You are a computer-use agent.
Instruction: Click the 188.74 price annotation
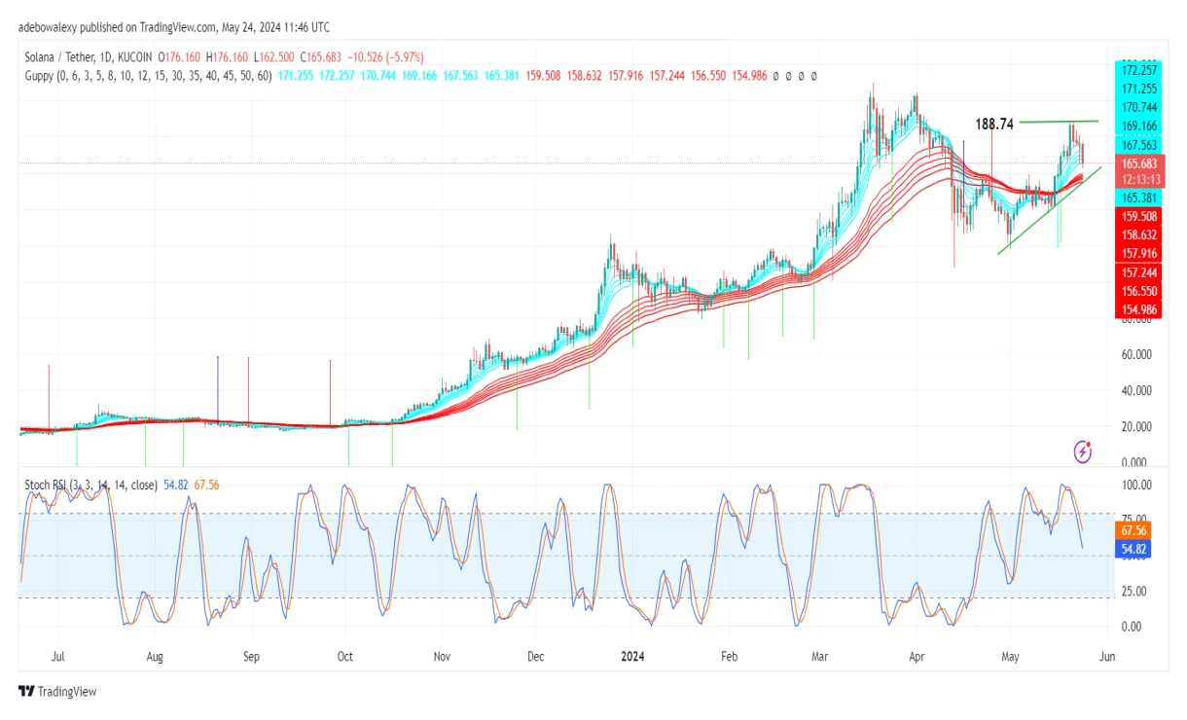click(x=994, y=125)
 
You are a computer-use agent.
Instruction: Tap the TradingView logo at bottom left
click(x=58, y=692)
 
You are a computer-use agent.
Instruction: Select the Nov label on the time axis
click(x=442, y=657)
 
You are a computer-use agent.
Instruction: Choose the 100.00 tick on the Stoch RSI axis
click(x=1137, y=485)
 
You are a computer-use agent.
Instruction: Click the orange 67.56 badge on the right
click(x=1134, y=531)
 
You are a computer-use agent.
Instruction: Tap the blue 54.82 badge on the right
click(x=1134, y=550)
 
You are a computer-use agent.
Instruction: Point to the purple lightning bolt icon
click(x=1083, y=451)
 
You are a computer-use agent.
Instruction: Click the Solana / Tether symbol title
click(x=63, y=57)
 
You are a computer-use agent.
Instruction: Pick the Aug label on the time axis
click(x=155, y=657)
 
